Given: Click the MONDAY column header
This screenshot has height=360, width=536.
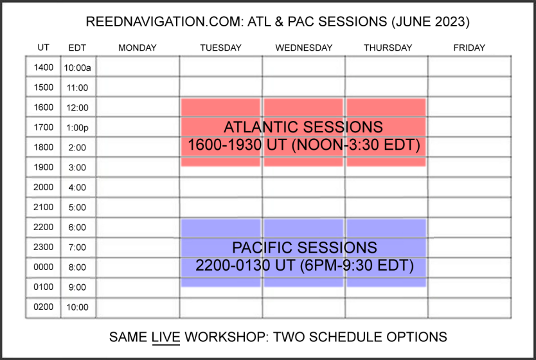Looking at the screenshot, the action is pos(138,48).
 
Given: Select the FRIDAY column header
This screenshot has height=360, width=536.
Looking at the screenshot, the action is pos(469,48).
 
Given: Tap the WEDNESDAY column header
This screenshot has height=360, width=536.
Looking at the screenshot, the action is pos(304,48).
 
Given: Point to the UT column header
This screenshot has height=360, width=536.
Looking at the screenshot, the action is pos(44,47).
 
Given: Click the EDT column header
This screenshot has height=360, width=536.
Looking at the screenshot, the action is pos(77,48).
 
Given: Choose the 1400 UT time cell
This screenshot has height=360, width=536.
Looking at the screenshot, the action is pos(44,67).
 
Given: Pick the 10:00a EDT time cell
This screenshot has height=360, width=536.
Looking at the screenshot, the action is pos(78,67).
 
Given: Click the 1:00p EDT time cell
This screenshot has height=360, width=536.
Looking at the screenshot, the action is pos(78,127).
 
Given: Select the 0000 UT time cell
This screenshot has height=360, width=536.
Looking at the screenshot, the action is pos(44,267).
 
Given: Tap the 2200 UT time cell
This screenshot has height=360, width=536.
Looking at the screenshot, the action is pos(44,227).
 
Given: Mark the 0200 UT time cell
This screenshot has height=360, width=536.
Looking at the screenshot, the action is pos(44,307).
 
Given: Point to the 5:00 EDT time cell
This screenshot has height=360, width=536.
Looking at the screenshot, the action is pos(78,207).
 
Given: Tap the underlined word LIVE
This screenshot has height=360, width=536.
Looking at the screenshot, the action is pos(166,337).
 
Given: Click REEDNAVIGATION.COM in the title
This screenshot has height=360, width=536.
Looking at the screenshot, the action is pos(165,22).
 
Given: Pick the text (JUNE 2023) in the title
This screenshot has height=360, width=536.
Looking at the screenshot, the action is pos(431,22).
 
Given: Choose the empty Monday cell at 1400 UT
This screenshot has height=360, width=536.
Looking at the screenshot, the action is pos(138,67).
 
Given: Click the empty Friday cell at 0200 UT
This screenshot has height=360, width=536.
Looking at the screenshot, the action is pos(470,308).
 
